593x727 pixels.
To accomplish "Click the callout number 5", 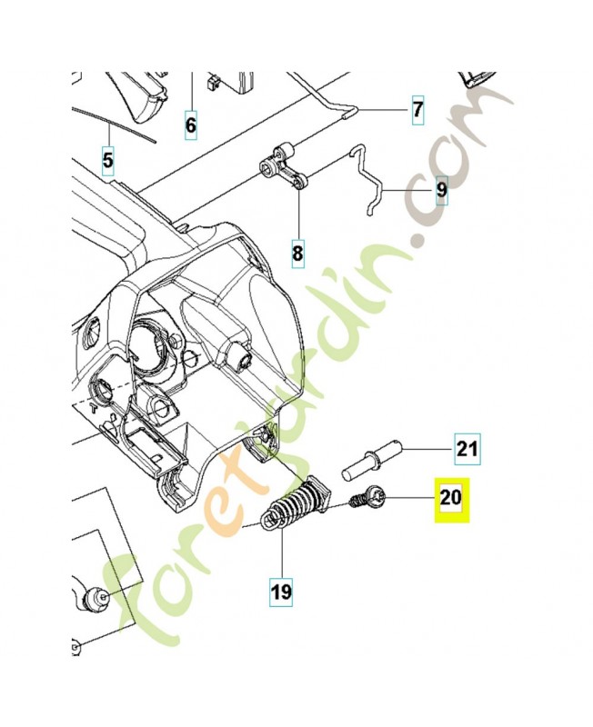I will click(x=107, y=162).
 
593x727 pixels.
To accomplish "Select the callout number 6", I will click(x=191, y=124).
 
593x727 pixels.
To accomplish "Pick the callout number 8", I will click(x=298, y=251).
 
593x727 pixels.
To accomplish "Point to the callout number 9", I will click(x=441, y=190).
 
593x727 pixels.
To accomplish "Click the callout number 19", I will click(x=281, y=593).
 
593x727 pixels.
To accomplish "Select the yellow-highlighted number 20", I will click(x=451, y=497).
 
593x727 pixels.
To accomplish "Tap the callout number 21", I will click(x=467, y=448).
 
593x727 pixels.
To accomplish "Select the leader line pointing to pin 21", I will click(x=427, y=448).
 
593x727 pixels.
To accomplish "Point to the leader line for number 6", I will click(x=191, y=91).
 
